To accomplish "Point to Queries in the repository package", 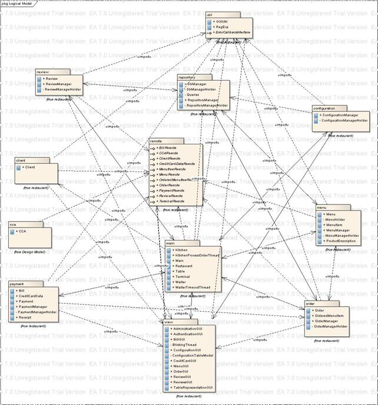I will [192, 94].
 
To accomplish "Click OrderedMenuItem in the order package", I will [328, 316].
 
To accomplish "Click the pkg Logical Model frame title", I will [17, 3].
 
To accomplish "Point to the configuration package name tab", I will [327, 109].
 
